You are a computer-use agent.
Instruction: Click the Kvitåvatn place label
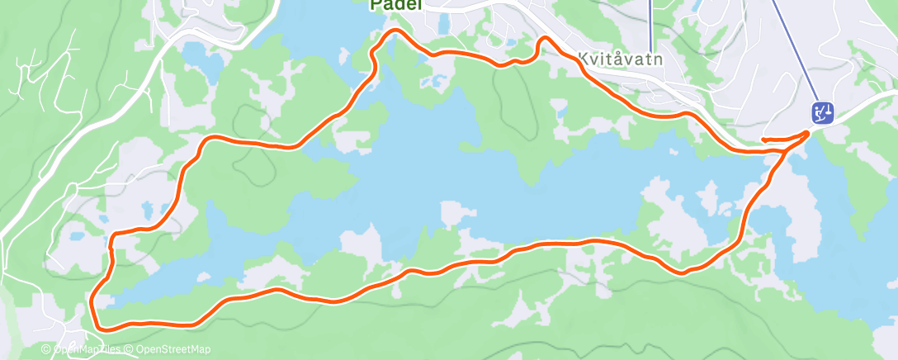pos(621,59)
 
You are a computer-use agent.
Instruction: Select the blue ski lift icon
pos(822,112)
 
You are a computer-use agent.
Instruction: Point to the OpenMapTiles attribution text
pos(85,350)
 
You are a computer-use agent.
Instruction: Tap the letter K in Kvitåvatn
pos(584,59)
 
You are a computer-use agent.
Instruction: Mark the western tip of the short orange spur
pos(762,140)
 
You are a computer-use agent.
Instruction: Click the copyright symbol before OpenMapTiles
pos(46,350)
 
